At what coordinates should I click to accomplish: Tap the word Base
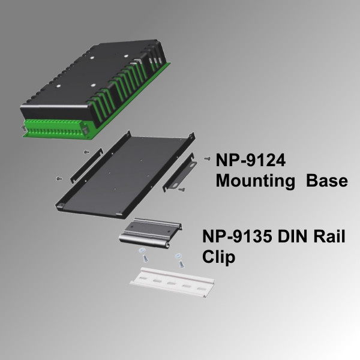pos(326,181)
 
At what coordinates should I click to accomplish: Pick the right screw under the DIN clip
pos(178,259)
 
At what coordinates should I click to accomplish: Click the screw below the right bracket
pos(182,190)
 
